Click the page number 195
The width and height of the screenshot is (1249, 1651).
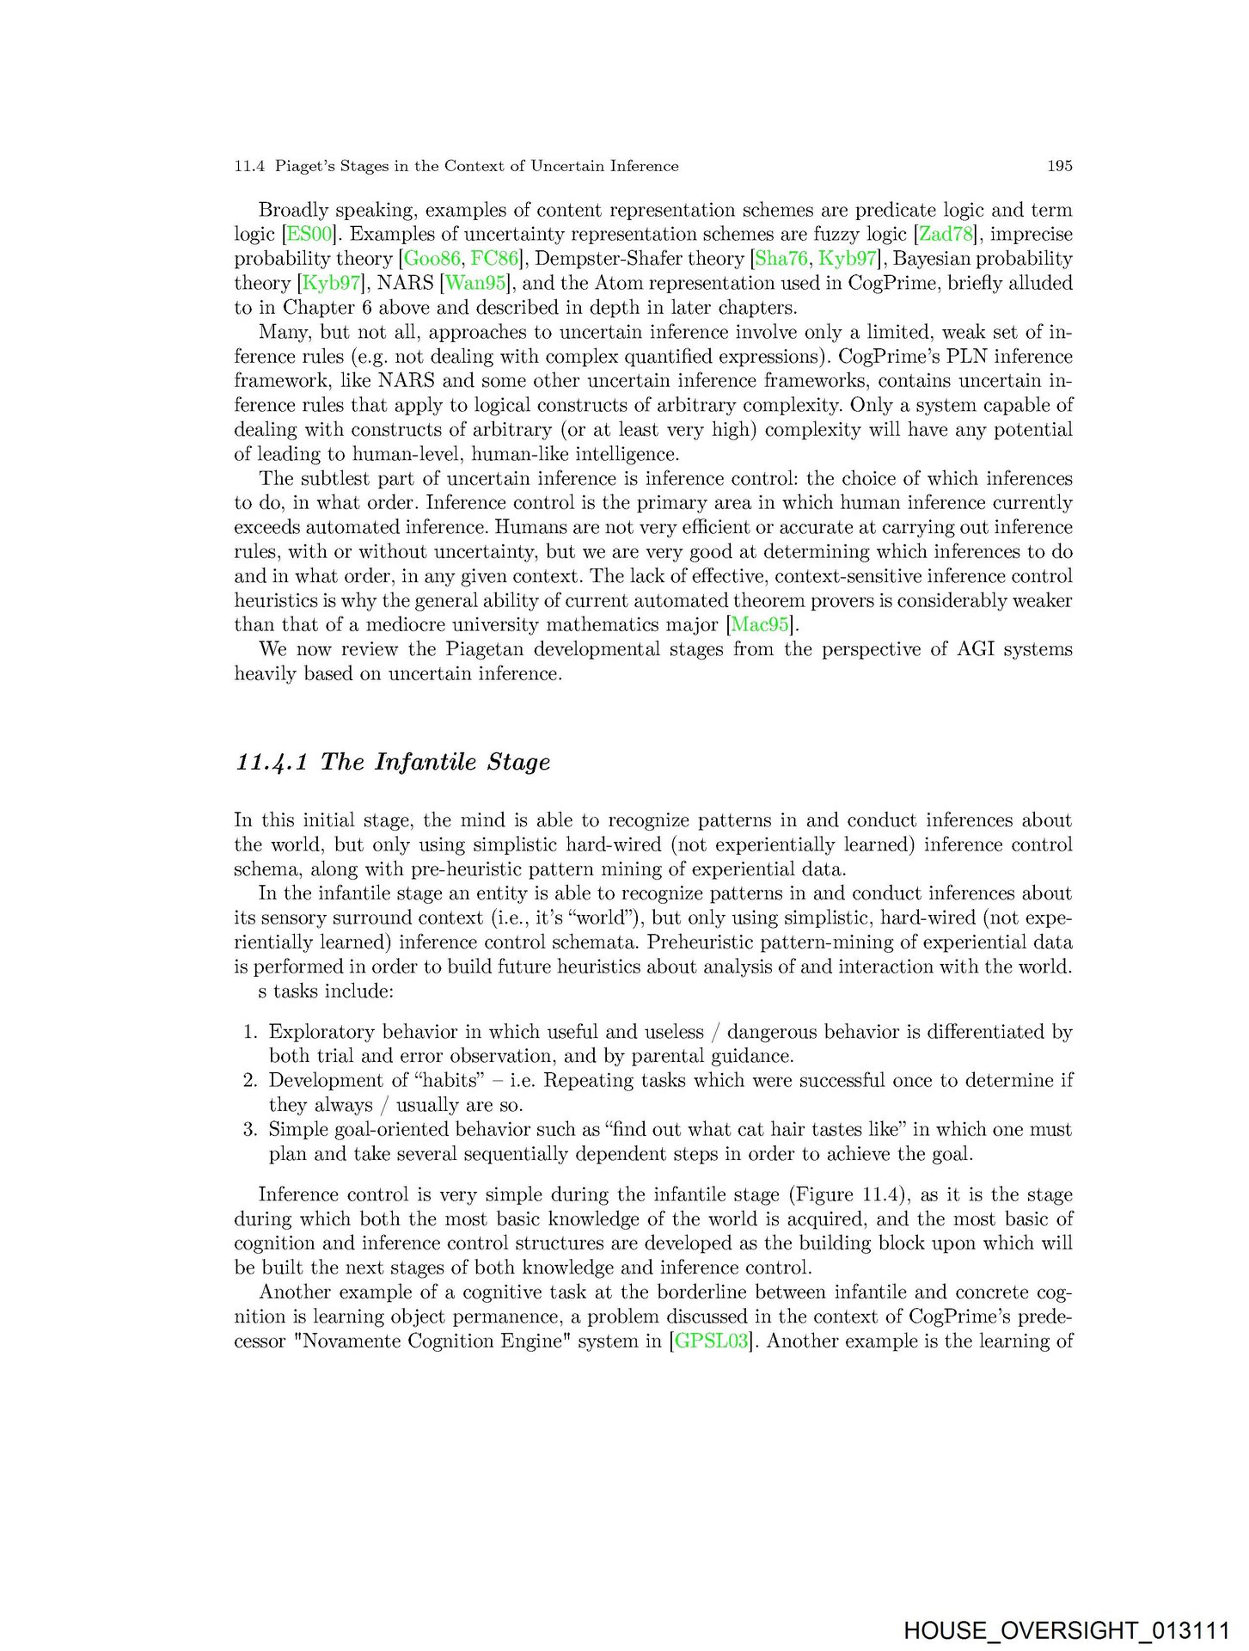point(1059,166)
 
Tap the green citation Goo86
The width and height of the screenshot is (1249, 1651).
point(432,259)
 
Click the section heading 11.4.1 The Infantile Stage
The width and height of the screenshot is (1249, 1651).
point(393,762)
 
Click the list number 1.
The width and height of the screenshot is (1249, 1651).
point(250,1032)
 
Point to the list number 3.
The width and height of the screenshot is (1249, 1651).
point(250,1129)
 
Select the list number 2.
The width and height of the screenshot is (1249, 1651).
point(250,1081)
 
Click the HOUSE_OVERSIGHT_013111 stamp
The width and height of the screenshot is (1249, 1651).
point(1066,1630)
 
